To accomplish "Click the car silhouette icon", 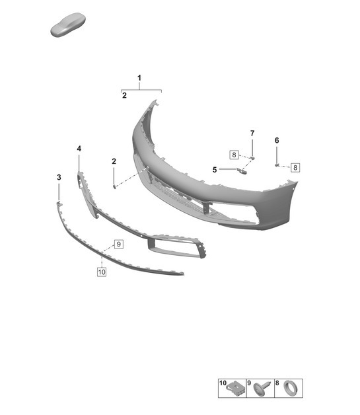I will coord(69,27).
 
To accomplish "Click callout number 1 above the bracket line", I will coord(139,79).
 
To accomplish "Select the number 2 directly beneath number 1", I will coord(124,96).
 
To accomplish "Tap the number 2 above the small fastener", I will coord(114,161).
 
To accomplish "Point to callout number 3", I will coord(59,178).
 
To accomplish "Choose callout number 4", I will coord(79,149).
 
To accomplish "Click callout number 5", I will coord(215,169).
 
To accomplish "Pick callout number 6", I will coord(277,140).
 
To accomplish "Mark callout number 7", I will coord(252,134).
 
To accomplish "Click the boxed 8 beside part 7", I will coord(234,155).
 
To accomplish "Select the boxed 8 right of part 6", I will coord(295,167).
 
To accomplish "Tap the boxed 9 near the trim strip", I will coord(119,244).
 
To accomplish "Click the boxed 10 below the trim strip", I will coord(101,271).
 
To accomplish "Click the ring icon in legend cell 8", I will coord(290,389).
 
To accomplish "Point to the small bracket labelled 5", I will coord(241,171).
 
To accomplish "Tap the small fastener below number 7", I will coord(252,157).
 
